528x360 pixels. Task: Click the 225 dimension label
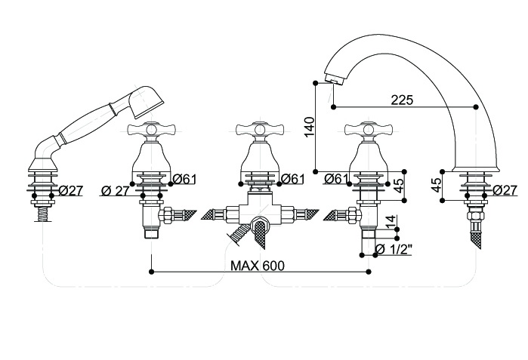click(x=402, y=100)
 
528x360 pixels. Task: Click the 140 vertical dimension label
click(x=310, y=127)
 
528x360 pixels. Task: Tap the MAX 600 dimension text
click(x=258, y=266)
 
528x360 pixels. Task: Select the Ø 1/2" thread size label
click(x=394, y=249)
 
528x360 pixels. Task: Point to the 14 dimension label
click(x=391, y=222)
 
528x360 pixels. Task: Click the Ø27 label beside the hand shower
click(x=71, y=191)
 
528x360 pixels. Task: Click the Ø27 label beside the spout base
click(x=505, y=190)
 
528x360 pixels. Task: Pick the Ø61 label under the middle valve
click(x=292, y=179)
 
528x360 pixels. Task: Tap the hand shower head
click(x=147, y=102)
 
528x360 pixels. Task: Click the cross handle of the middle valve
click(x=259, y=129)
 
